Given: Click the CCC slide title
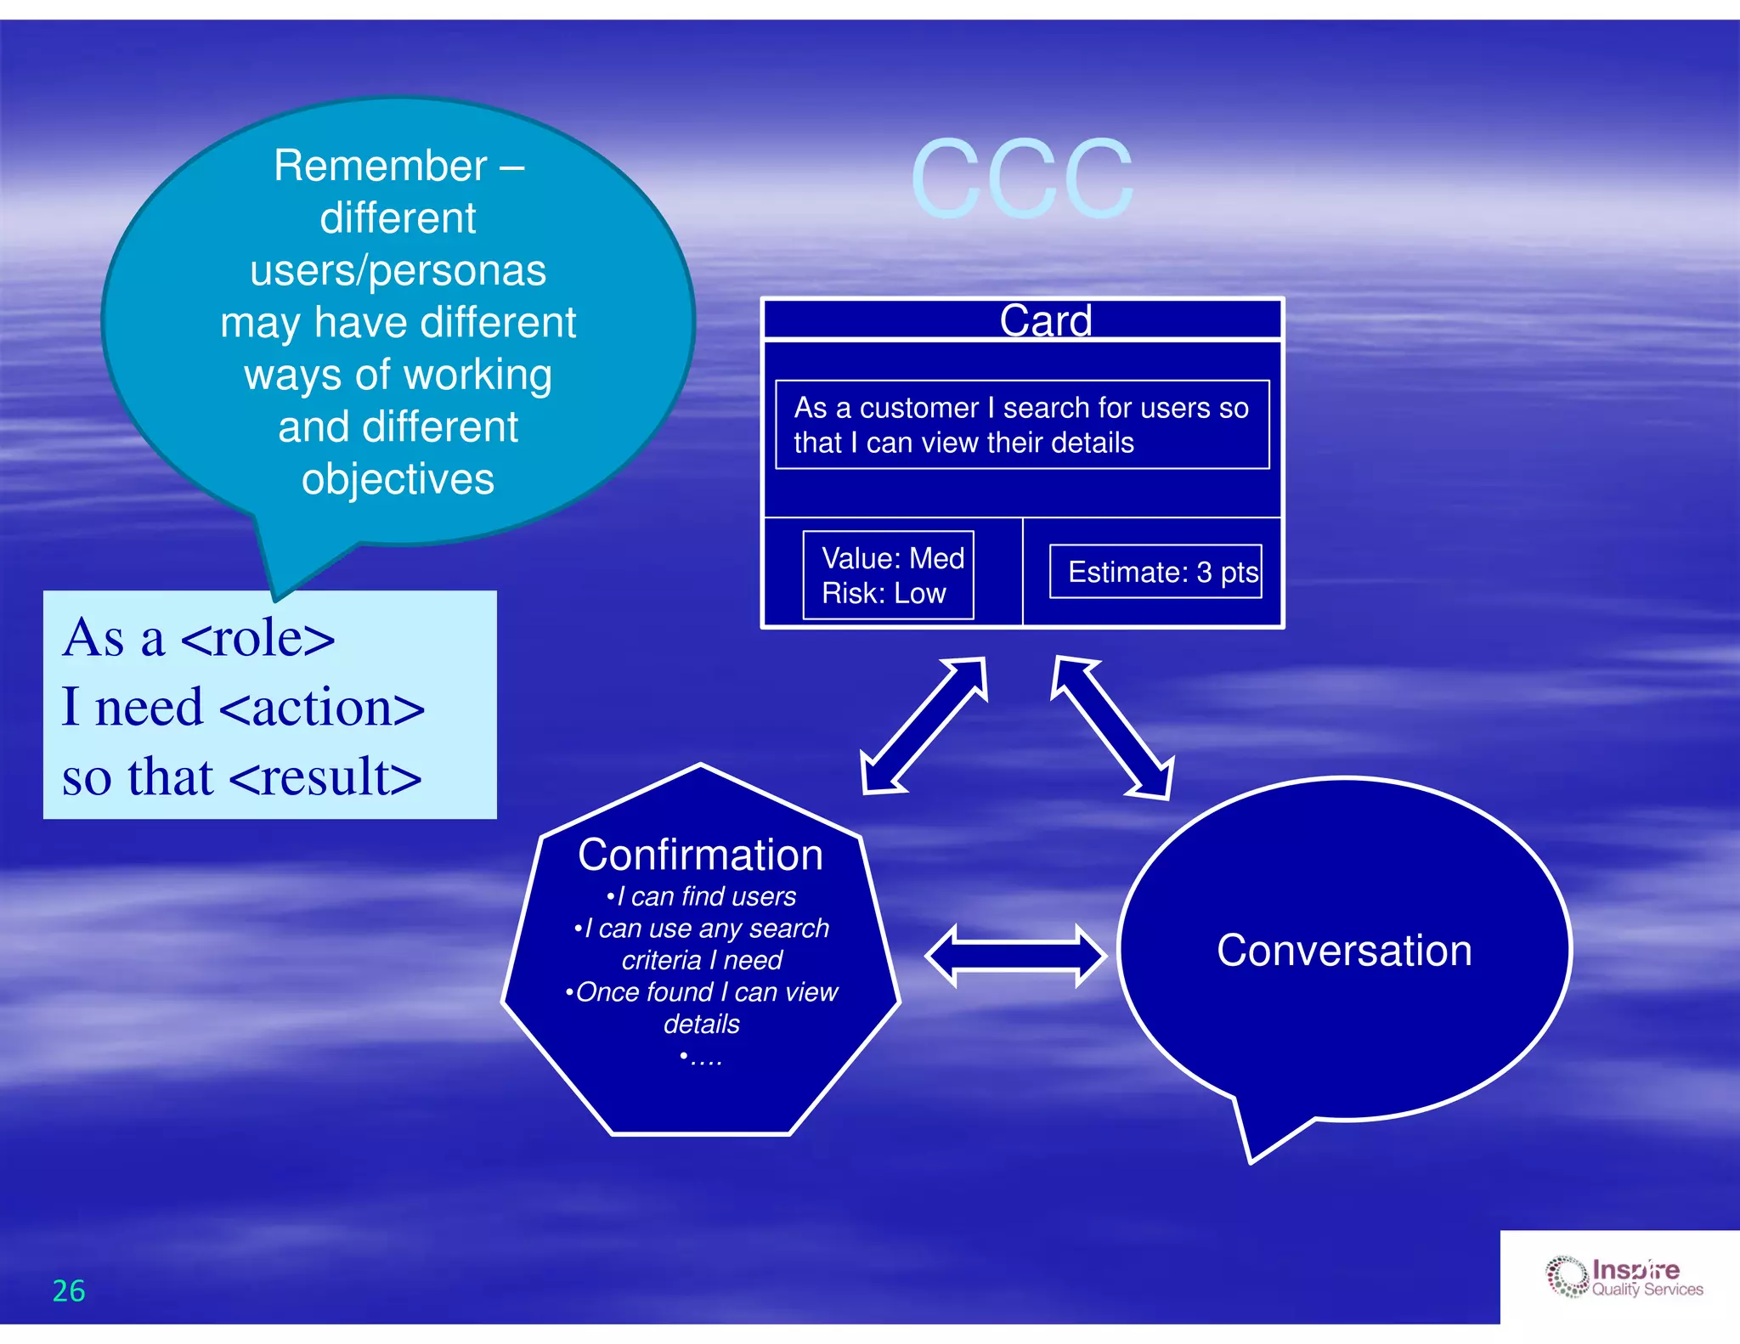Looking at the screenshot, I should (x=1022, y=179).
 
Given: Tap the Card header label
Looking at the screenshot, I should (x=1045, y=321).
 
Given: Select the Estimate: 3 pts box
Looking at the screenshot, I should (x=1155, y=572).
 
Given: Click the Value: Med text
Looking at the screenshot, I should (x=892, y=558).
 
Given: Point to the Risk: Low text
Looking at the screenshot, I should (x=883, y=593).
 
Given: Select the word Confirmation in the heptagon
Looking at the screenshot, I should (x=700, y=855).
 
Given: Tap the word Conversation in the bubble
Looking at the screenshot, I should (x=1343, y=950).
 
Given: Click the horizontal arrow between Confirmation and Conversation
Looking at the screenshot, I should (x=1015, y=956).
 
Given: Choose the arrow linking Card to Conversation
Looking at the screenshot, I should (x=1113, y=727).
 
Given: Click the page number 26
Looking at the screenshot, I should (x=69, y=1290).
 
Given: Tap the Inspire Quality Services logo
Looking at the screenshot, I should (x=1624, y=1277).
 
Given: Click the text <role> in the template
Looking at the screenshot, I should (x=257, y=638).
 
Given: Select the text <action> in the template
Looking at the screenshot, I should (x=321, y=708).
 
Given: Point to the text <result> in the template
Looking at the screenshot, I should (x=325, y=777).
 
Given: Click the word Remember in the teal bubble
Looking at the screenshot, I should (x=381, y=166).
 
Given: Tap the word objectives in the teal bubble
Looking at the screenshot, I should (x=398, y=479).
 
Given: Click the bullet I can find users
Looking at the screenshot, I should (x=702, y=896).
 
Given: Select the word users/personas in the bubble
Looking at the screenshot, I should (x=398, y=271).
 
